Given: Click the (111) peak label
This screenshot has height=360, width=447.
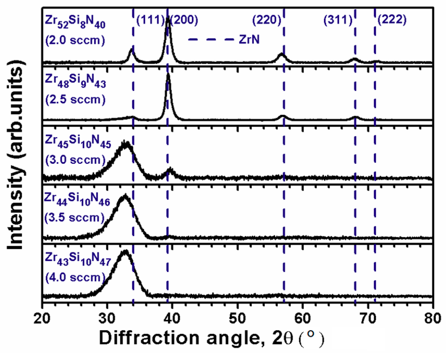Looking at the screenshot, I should click(150, 20).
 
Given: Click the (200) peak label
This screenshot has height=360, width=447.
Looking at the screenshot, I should click(185, 20).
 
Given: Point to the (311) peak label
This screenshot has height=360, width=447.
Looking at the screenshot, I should click(338, 20).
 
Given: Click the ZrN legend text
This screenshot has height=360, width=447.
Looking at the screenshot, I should click(249, 40).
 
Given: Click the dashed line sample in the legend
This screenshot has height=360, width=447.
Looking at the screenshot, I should click(211, 40).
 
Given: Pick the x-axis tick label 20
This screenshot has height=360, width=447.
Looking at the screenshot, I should click(42, 318).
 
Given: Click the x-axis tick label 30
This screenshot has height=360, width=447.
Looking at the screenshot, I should click(107, 318).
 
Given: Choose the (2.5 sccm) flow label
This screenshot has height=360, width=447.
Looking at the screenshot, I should click(75, 100).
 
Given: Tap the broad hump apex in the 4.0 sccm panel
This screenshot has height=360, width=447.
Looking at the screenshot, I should click(125, 252).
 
